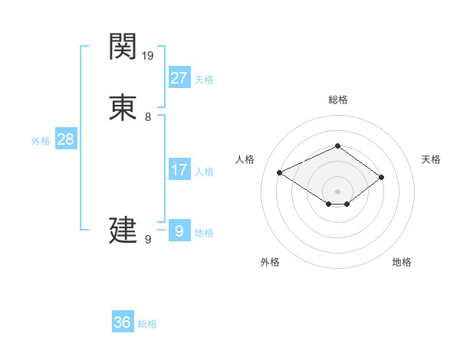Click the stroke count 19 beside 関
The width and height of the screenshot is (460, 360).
(x=149, y=55)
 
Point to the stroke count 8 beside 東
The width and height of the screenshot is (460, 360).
(x=148, y=116)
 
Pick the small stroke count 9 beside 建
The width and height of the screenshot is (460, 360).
(x=148, y=239)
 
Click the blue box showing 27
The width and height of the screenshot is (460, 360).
(x=179, y=78)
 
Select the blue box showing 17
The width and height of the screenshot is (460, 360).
(x=179, y=170)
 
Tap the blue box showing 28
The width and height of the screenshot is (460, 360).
(x=65, y=139)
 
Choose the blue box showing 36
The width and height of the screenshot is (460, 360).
(x=123, y=322)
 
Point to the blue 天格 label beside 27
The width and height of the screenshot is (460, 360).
(x=204, y=80)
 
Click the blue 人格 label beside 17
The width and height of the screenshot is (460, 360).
(x=204, y=172)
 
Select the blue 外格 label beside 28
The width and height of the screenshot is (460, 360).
(x=40, y=141)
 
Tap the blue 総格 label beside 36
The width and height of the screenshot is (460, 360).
(x=147, y=324)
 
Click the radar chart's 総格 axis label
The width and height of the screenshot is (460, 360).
(x=337, y=100)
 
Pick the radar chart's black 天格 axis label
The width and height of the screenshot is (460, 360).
(x=432, y=159)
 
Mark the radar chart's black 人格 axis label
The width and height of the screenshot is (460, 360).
(x=245, y=159)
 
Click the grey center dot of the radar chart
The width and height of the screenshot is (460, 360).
(x=337, y=191)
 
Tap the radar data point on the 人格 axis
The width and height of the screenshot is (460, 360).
(x=280, y=172)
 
